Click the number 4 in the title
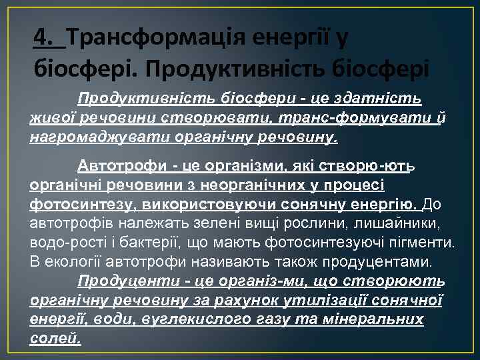tap(42, 38)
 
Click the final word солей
tap(55, 338)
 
